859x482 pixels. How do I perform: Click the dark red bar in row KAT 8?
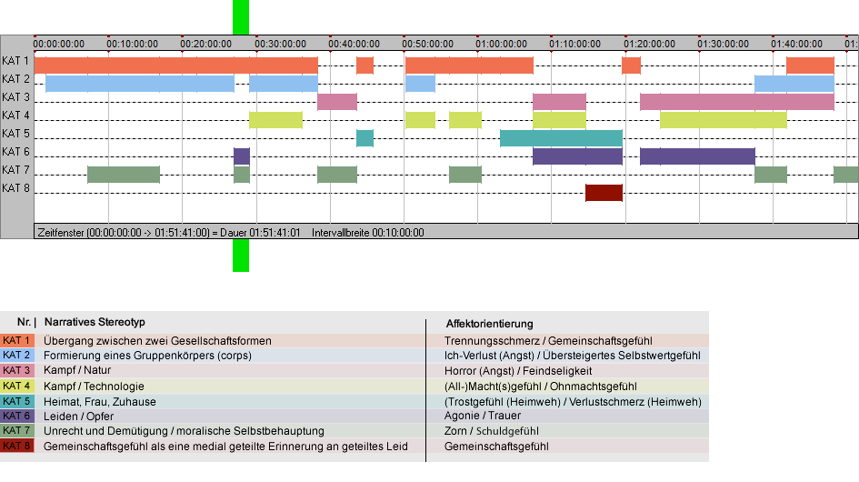pos(604,193)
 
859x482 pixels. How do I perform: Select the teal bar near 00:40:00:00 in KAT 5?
pos(365,138)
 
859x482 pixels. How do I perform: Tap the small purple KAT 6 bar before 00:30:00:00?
pos(242,156)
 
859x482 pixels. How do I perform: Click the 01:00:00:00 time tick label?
pos(501,44)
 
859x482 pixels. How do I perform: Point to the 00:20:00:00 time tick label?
pos(206,44)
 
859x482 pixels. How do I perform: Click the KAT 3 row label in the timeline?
pos(15,97)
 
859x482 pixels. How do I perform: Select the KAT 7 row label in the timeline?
pos(15,170)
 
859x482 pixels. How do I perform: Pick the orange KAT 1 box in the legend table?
pos(17,340)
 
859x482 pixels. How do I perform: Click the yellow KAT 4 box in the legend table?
pos(17,386)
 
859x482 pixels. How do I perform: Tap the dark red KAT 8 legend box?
pos(17,446)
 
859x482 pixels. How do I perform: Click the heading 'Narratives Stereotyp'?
pos(95,322)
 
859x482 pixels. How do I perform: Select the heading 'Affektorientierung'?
pos(489,324)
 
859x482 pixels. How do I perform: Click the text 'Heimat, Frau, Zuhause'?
pos(100,401)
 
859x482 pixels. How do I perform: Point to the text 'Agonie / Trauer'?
pos(483,416)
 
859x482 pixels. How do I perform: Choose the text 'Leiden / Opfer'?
pos(79,417)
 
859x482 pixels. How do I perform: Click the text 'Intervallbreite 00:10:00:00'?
pos(368,233)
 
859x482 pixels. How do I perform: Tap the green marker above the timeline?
pos(241,17)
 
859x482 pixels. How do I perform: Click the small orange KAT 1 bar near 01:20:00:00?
pos(631,65)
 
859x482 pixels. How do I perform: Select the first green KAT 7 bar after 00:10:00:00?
pos(124,175)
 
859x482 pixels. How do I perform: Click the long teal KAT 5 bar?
pos(562,138)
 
